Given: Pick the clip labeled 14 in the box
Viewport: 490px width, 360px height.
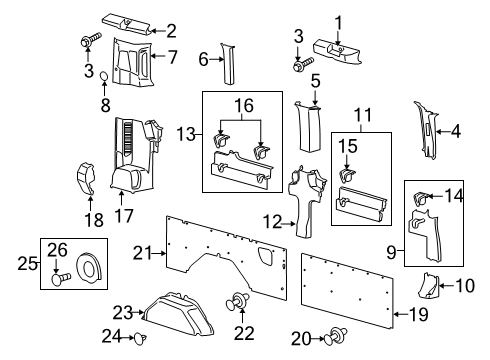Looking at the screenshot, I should pyautogui.click(x=422, y=199).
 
